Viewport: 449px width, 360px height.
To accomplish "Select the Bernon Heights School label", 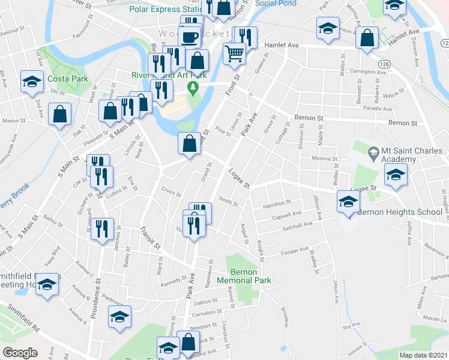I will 391,212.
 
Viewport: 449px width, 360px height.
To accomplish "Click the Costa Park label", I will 68,79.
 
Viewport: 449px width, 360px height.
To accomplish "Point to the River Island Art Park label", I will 169,75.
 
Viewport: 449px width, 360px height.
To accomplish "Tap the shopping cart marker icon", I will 234,53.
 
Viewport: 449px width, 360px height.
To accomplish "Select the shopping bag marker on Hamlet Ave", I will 366,38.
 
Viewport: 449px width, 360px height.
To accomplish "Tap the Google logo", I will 20,353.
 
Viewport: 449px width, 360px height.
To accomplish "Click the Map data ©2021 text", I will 423,355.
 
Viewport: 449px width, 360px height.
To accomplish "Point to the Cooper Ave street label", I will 294,251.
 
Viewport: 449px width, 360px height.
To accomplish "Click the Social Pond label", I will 276,3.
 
